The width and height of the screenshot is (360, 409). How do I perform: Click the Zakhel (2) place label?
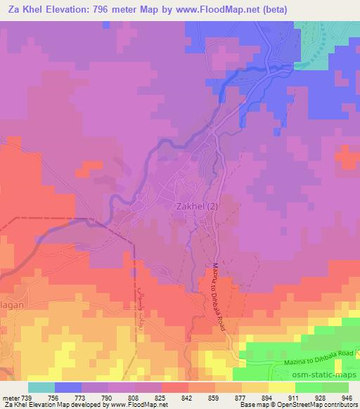[x=196, y=206]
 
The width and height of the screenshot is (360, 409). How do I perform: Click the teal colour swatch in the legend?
[x=41, y=387]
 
